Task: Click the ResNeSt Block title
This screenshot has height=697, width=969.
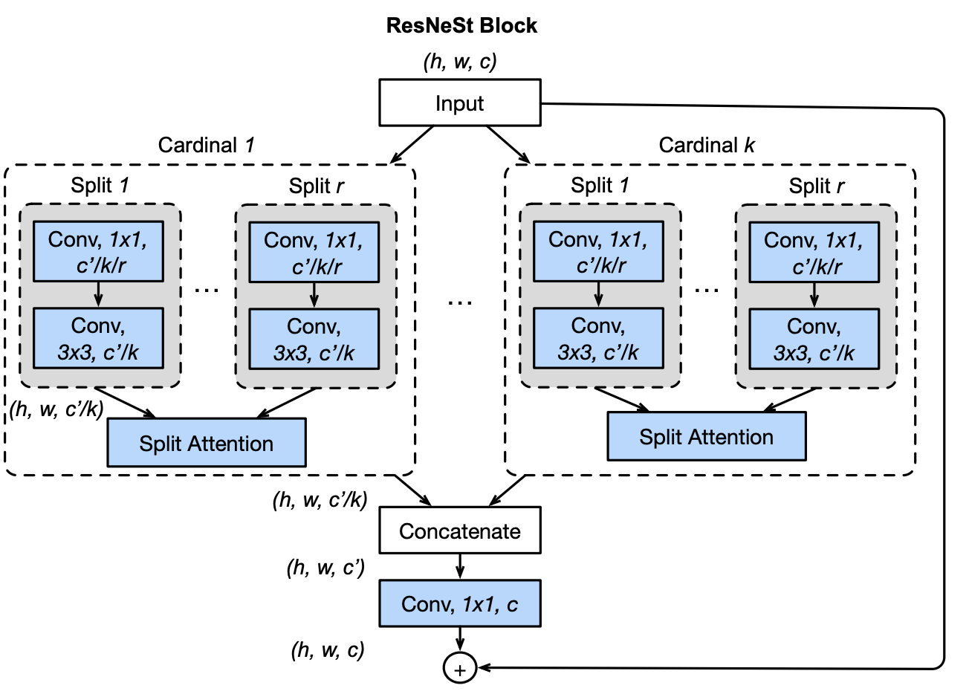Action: click(x=461, y=25)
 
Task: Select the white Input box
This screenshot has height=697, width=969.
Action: click(x=460, y=103)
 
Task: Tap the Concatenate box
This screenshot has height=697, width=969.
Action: click(x=460, y=531)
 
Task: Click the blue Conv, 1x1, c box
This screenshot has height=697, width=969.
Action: click(x=460, y=604)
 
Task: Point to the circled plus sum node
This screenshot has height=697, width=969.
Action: click(x=459, y=669)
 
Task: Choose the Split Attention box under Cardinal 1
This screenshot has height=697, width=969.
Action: click(x=207, y=443)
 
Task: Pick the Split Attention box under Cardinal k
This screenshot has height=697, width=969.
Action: click(x=706, y=436)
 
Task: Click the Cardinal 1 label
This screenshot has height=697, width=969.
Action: click(x=206, y=145)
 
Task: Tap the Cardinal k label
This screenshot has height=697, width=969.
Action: click(x=706, y=145)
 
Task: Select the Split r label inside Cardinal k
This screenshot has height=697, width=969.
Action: click(x=816, y=186)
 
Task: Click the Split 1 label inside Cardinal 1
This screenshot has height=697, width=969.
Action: click(x=100, y=185)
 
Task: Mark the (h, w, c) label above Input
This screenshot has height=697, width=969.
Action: click(x=460, y=62)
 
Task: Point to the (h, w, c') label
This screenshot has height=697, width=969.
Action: click(x=325, y=568)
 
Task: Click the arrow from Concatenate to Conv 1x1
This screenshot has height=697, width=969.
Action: click(x=460, y=567)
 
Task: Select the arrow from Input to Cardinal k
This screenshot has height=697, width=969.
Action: click(x=508, y=144)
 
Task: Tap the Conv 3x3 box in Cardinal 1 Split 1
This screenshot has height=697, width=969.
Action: click(x=98, y=339)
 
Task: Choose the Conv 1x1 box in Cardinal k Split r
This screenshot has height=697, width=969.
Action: click(x=814, y=253)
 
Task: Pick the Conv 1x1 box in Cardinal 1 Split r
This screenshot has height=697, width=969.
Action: click(x=314, y=253)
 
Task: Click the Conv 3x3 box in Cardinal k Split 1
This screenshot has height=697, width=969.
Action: click(x=598, y=339)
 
